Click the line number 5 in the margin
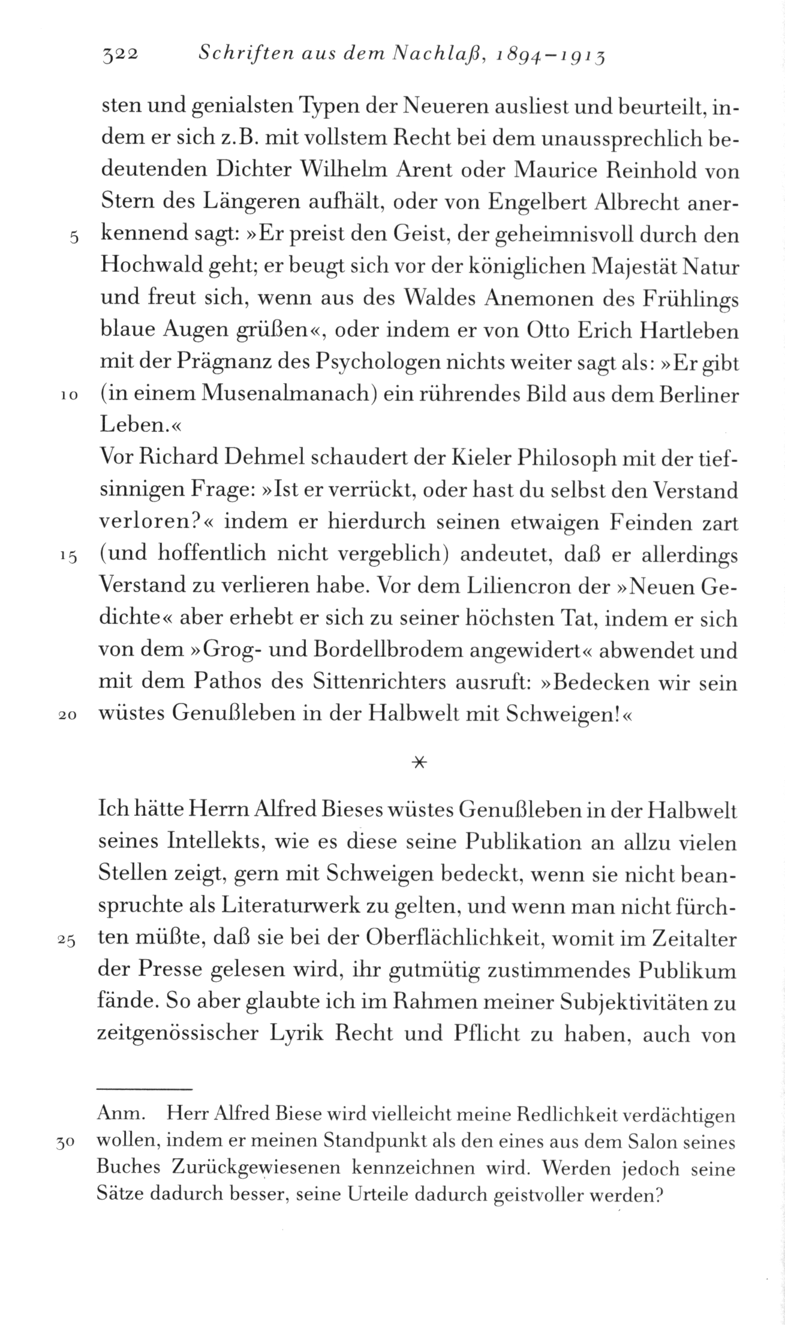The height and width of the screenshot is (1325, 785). (73, 237)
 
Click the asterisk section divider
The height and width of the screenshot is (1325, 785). (419, 762)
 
